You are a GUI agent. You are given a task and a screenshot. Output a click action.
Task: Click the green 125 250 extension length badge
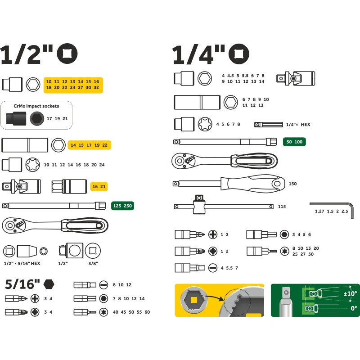[122, 206]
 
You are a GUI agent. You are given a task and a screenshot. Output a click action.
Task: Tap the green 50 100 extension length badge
[294, 142]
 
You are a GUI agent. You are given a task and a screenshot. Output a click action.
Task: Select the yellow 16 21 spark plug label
[99, 186]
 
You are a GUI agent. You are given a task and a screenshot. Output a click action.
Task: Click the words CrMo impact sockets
[36, 106]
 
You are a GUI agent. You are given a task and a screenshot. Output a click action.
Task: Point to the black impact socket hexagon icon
[37, 119]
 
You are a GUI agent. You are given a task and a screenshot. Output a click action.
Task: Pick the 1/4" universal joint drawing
[296, 78]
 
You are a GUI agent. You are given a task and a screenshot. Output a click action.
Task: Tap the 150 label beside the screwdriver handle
[293, 184]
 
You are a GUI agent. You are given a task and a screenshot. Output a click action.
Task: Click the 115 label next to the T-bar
[282, 207]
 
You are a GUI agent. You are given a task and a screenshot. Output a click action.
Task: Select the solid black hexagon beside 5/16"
[49, 284]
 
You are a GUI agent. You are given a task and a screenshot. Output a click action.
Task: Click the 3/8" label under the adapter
[93, 263]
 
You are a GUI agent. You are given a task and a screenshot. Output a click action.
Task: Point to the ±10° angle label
[350, 293]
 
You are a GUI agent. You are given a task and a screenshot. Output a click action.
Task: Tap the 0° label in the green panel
[354, 308]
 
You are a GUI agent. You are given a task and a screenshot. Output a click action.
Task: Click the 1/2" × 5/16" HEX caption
[22, 263]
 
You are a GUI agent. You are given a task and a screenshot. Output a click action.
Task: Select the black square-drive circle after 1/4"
[239, 54]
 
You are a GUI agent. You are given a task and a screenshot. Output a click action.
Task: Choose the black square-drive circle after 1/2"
[67, 54]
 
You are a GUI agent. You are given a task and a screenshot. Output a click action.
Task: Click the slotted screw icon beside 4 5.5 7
[213, 268]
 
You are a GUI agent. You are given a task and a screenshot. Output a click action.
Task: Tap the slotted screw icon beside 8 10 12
[103, 285]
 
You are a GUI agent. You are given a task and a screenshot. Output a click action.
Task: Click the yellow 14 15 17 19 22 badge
[89, 145]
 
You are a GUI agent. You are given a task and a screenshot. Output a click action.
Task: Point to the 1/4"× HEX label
[298, 125]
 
